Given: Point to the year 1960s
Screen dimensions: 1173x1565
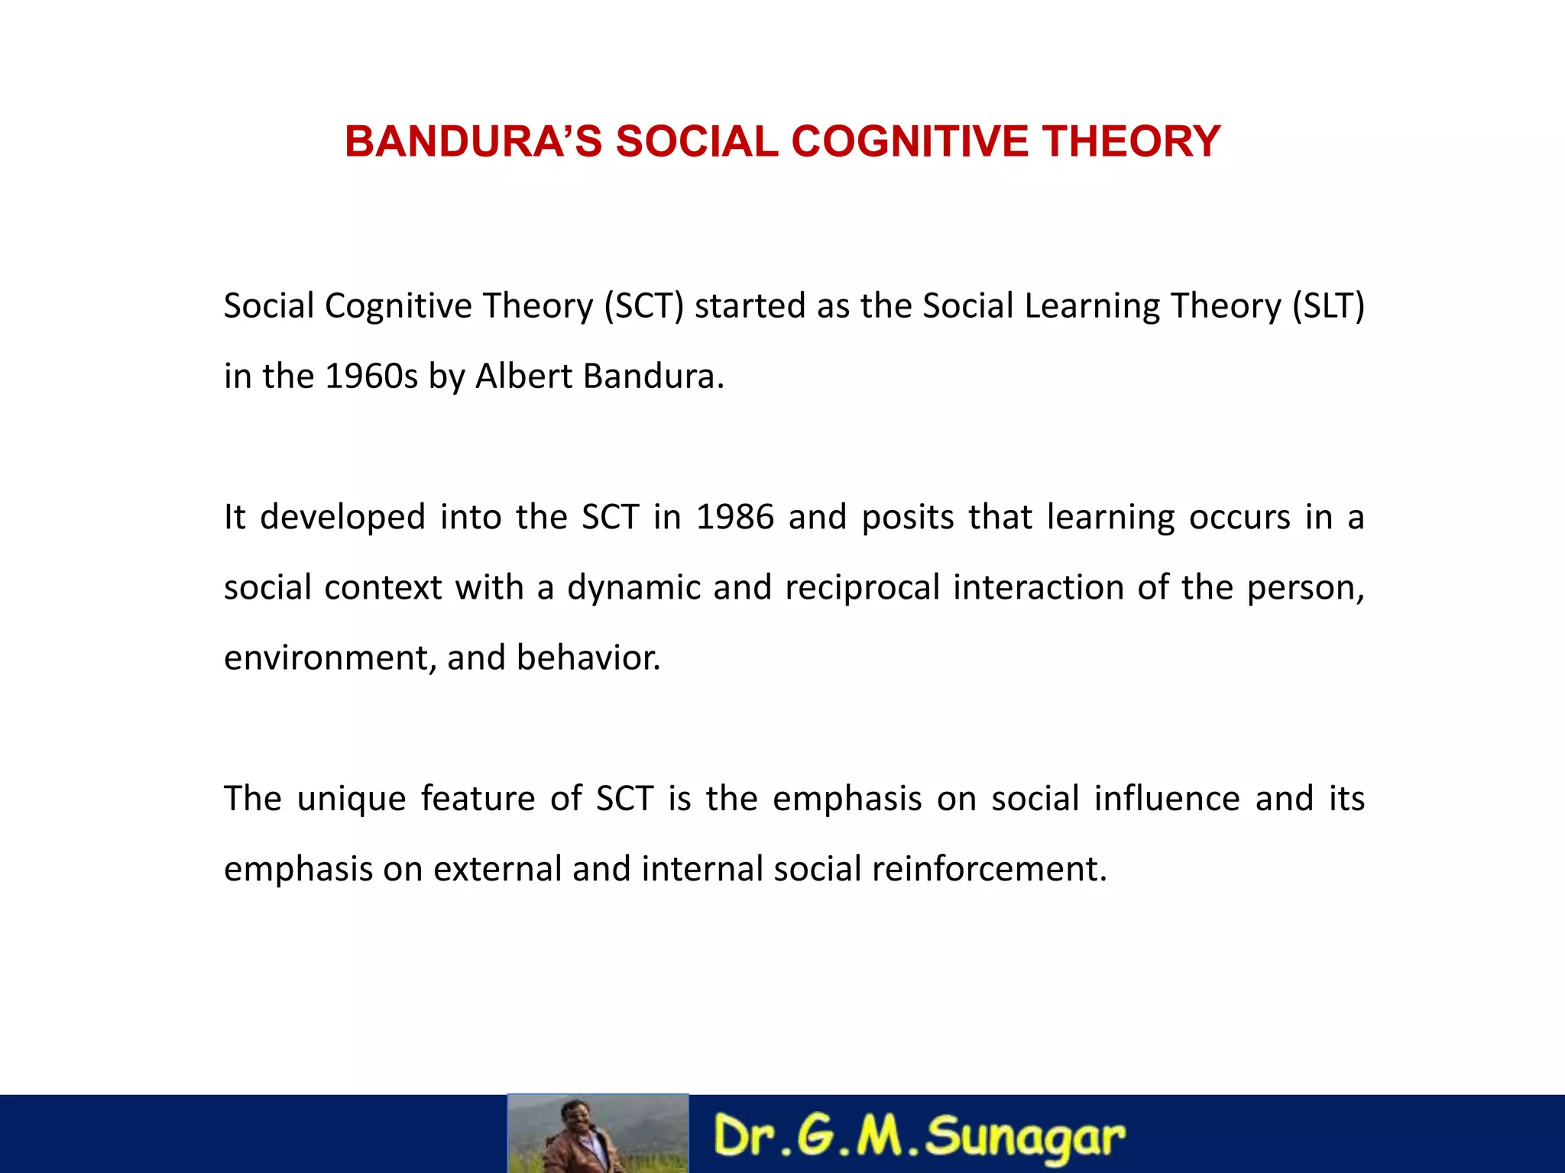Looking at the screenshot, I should pos(371,376).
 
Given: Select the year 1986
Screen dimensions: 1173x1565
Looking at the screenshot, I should pos(735,517).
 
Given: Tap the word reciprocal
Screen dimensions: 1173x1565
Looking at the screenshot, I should pos(862,588).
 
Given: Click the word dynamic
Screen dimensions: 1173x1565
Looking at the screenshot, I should pos(633,588).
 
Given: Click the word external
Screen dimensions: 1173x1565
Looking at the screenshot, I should pos(497,869).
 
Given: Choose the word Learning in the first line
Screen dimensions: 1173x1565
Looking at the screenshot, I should pos(1092,306).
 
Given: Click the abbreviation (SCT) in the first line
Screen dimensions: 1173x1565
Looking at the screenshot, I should pos(643,306).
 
